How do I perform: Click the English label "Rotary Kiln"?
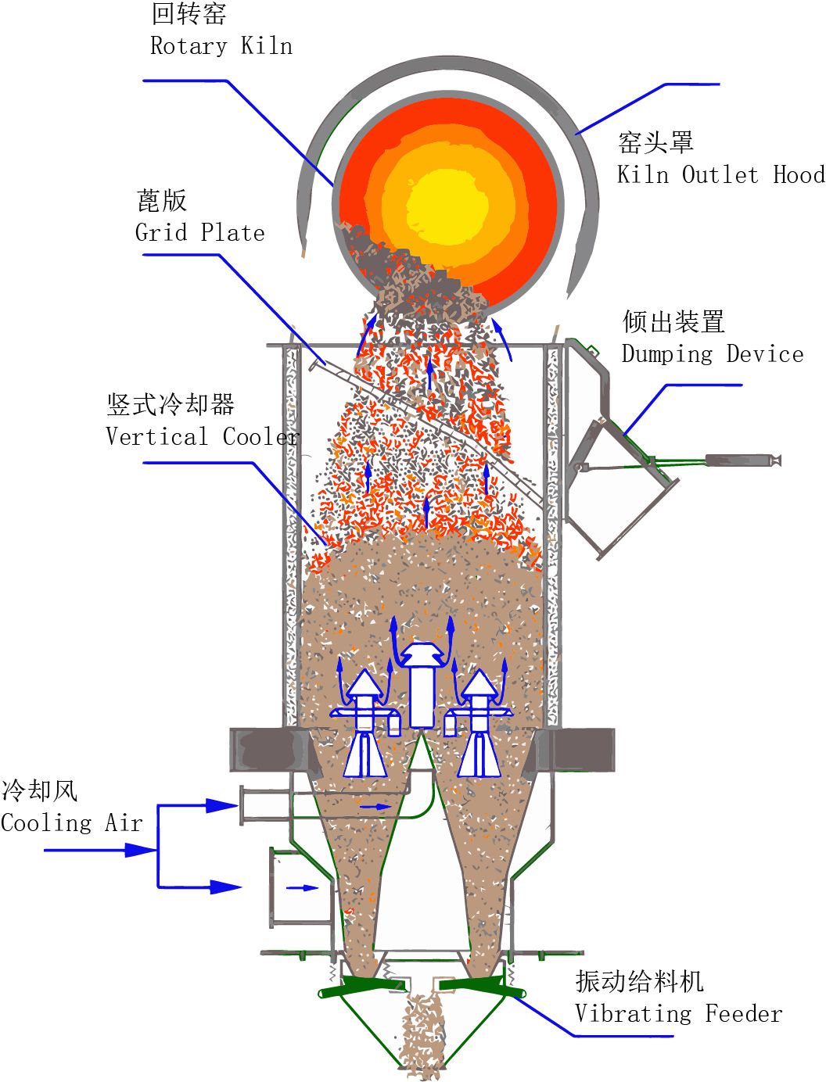tap(221, 46)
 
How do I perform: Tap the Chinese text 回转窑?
tap(189, 14)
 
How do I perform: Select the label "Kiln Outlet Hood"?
tap(720, 174)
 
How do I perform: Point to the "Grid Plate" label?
tap(200, 233)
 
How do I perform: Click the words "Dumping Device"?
tap(713, 354)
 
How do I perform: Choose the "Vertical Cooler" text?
tap(203, 436)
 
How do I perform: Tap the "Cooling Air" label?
tap(72, 823)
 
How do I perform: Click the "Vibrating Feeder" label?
tap(678, 1014)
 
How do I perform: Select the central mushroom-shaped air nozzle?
tap(422, 680)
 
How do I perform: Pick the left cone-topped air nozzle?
tap(365, 723)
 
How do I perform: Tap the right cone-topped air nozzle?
tap(479, 723)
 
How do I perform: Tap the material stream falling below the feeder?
tap(423, 1032)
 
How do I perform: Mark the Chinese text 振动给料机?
tap(639, 981)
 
